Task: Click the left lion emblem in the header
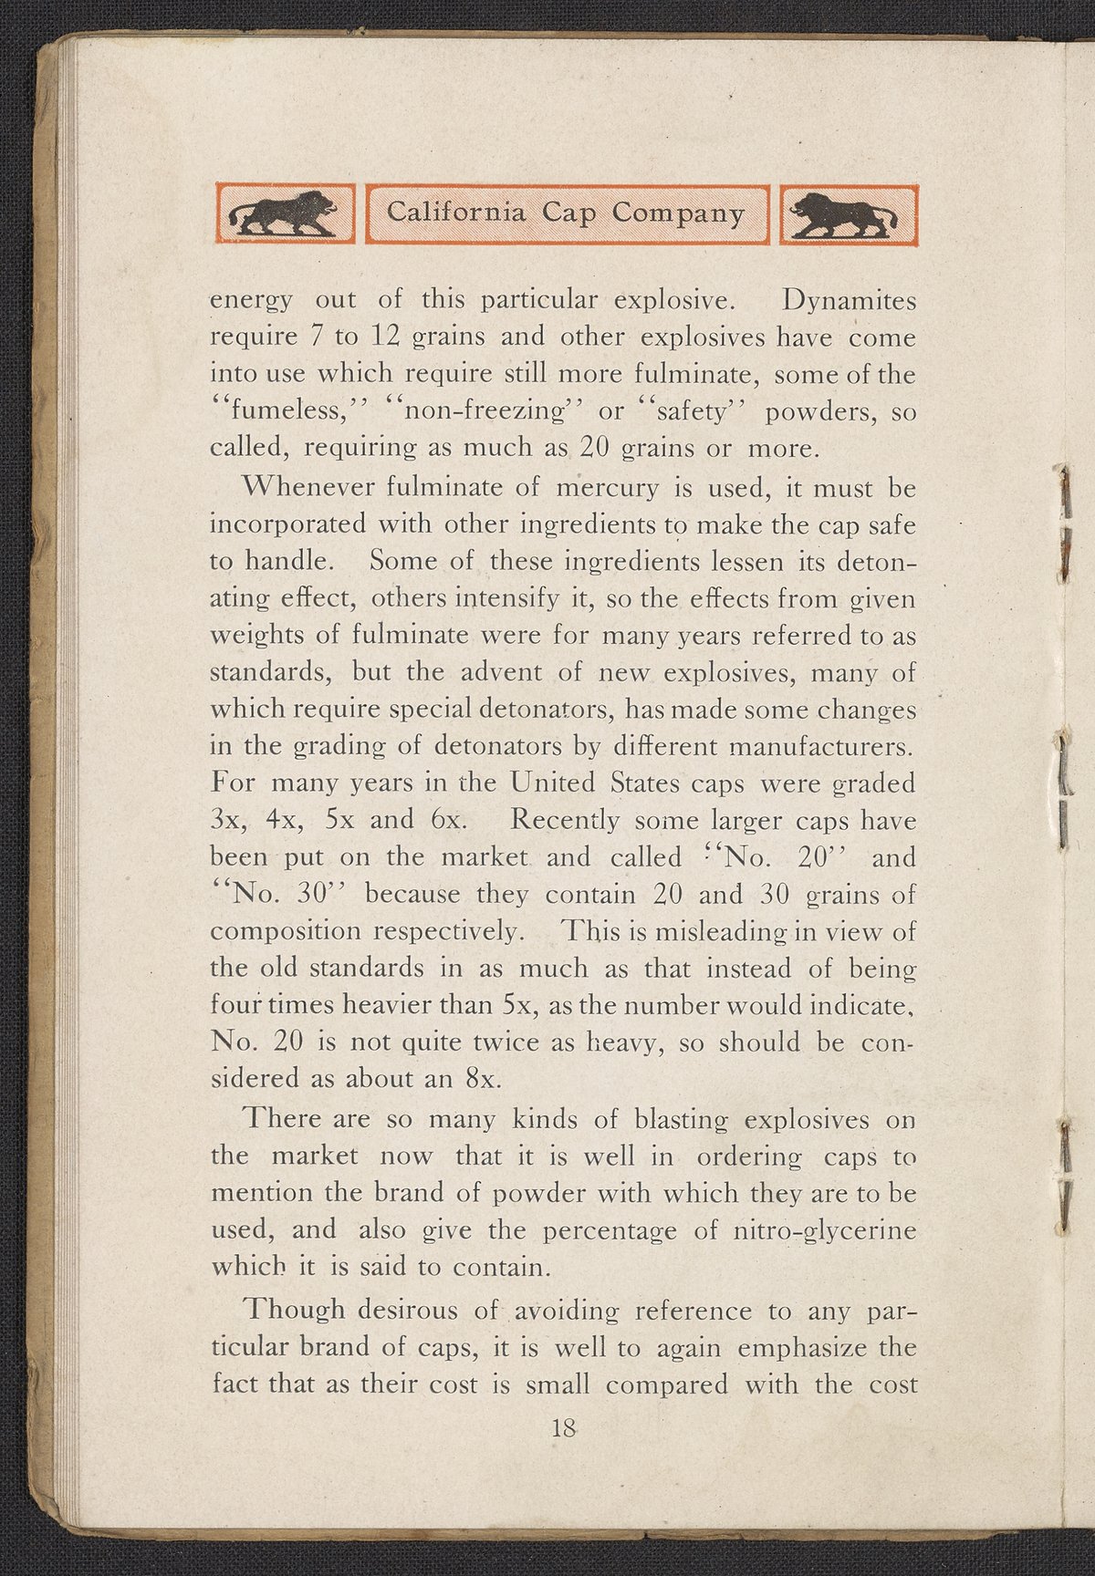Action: pos(284,214)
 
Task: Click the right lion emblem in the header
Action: pos(847,214)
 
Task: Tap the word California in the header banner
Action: pos(456,213)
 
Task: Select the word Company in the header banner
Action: pos(679,214)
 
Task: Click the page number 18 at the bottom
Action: pos(563,1428)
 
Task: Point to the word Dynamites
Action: pos(850,300)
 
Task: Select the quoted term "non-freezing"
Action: pos(483,411)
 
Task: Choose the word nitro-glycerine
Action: pos(825,1231)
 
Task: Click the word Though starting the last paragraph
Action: pos(297,1311)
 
